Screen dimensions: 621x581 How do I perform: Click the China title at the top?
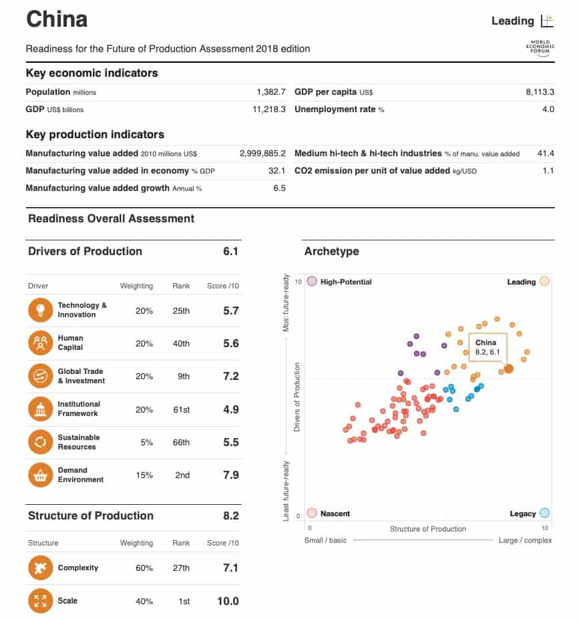pyautogui.click(x=57, y=19)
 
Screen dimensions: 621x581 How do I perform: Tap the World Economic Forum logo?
pyautogui.click(x=541, y=48)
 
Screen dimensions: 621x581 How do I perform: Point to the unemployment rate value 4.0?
pyautogui.click(x=548, y=110)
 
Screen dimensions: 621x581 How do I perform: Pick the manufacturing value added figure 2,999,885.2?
pyautogui.click(x=262, y=154)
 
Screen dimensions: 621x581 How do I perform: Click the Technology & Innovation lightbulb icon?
pyautogui.click(x=39, y=310)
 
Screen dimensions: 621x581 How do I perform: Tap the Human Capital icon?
pyautogui.click(x=39, y=343)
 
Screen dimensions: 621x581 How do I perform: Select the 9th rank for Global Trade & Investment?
pyautogui.click(x=183, y=376)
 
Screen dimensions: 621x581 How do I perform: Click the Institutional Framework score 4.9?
pyautogui.click(x=230, y=409)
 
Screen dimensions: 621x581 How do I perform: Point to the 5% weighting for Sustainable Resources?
pyautogui.click(x=146, y=442)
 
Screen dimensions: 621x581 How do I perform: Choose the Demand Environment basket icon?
pyautogui.click(x=39, y=475)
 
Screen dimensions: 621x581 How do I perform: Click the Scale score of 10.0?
pyautogui.click(x=228, y=601)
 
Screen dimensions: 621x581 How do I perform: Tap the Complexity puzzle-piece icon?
pyautogui.click(x=39, y=568)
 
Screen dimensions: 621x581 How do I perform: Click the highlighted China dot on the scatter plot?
pyautogui.click(x=508, y=369)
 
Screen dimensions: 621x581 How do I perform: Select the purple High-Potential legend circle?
pyautogui.click(x=311, y=281)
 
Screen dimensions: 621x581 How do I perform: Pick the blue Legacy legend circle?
pyautogui.click(x=544, y=513)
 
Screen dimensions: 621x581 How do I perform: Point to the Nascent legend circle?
pyautogui.click(x=311, y=513)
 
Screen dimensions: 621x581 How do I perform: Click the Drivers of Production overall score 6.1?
pyautogui.click(x=230, y=252)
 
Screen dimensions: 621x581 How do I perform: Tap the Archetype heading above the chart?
pyautogui.click(x=331, y=252)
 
